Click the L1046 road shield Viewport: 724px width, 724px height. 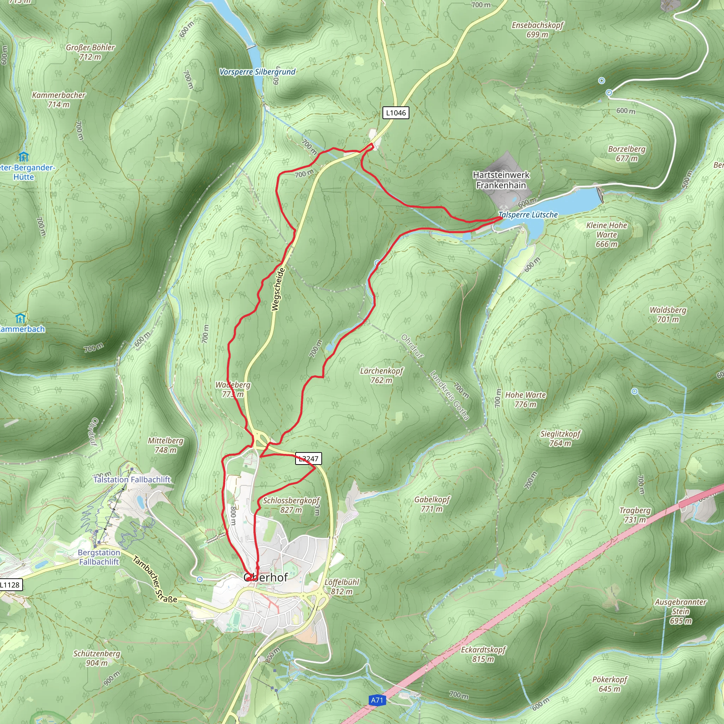coord(395,113)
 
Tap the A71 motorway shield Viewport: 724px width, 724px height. coord(377,700)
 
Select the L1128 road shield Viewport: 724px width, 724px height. coord(10,585)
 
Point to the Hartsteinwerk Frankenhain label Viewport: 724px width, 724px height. coord(501,180)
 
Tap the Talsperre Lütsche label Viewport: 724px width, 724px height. coord(528,215)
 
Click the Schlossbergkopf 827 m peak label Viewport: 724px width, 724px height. coord(291,505)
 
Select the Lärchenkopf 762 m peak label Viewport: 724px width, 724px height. coord(381,375)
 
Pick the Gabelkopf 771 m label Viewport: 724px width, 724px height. coord(432,504)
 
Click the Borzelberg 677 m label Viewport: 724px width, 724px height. coord(626,154)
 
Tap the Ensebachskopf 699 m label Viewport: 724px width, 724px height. coord(537,30)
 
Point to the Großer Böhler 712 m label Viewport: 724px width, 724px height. coord(90,52)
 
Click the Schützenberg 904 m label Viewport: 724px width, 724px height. coord(97,658)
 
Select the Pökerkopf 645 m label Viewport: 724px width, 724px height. coord(610,684)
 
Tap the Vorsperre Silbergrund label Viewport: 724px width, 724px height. coord(257,71)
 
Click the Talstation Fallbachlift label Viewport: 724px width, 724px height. coord(132,479)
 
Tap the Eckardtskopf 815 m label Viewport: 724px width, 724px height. coord(483,654)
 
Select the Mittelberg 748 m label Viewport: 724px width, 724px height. coord(166,445)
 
